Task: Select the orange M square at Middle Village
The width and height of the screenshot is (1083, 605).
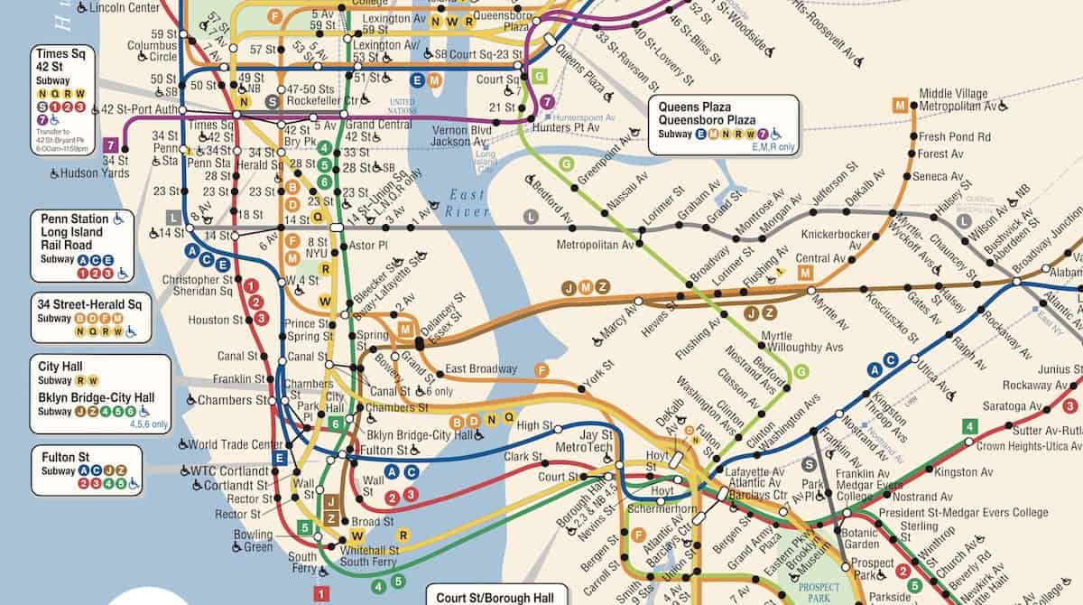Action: tap(899, 105)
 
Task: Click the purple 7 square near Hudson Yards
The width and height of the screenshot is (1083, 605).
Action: tap(111, 144)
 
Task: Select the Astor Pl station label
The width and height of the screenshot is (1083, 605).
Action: tap(367, 245)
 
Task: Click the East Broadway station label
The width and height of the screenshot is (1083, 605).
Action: tap(480, 368)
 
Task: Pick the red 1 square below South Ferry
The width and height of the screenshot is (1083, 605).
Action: tap(320, 593)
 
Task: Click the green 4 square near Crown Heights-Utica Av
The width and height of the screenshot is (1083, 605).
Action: tap(969, 426)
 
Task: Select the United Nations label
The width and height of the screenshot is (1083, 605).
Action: tap(402, 106)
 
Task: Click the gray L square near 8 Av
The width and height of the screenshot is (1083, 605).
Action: tap(174, 217)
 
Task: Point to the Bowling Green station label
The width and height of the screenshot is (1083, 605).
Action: tap(253, 541)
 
